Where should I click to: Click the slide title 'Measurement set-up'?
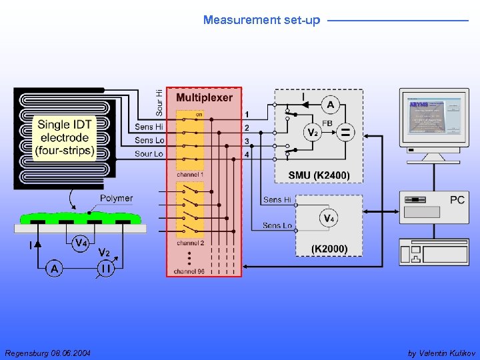pyautogui.click(x=261, y=20)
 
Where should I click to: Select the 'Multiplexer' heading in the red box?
pyautogui.click(x=204, y=97)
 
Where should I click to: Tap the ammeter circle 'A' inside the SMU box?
pyautogui.click(x=329, y=105)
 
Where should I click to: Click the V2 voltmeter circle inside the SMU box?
pyautogui.click(x=311, y=132)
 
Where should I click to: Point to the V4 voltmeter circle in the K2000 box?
pyautogui.click(x=329, y=218)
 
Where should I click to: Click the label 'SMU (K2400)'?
pyautogui.click(x=319, y=175)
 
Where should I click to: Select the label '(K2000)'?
pyautogui.click(x=329, y=249)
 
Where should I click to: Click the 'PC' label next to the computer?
pyautogui.click(x=457, y=200)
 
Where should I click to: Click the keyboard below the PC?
pyautogui.click(x=433, y=253)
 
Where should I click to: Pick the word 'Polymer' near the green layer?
pyautogui.click(x=116, y=198)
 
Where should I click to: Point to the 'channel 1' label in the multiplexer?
pyautogui.click(x=190, y=174)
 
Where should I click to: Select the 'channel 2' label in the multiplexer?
pyautogui.click(x=190, y=243)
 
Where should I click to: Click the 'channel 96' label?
pyautogui.click(x=189, y=271)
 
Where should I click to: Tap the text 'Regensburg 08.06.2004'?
pyautogui.click(x=48, y=353)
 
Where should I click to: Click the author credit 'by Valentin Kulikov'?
pyautogui.click(x=441, y=353)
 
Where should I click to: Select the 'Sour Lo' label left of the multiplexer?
pyautogui.click(x=149, y=154)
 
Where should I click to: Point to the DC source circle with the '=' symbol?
pyautogui.click(x=345, y=133)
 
